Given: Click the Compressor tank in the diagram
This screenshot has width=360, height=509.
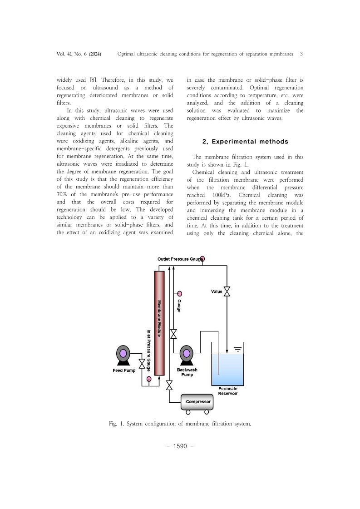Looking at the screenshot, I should pos(197,402).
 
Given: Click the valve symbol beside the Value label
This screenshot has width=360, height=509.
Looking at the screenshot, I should pos(227,292).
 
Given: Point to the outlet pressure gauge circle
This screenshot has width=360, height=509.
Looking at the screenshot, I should pos(202,259).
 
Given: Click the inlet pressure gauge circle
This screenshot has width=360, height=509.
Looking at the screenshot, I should pos(149,379).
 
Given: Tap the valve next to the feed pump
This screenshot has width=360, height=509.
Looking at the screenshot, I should pos(142,364).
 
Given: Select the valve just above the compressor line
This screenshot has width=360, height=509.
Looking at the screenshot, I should pos(169,385).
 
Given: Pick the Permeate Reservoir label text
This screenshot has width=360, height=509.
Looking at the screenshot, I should pos(228,391).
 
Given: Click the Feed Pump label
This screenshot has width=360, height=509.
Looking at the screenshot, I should pos(124,371).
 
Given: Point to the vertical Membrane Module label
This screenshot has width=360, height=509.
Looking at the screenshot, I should pos(159,317).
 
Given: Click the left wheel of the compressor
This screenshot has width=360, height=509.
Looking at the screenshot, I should pos(188,412).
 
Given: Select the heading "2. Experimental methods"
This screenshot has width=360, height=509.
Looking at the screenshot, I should pos(245,142).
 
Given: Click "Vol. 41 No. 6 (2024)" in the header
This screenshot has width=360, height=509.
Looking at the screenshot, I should pos(79,54).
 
